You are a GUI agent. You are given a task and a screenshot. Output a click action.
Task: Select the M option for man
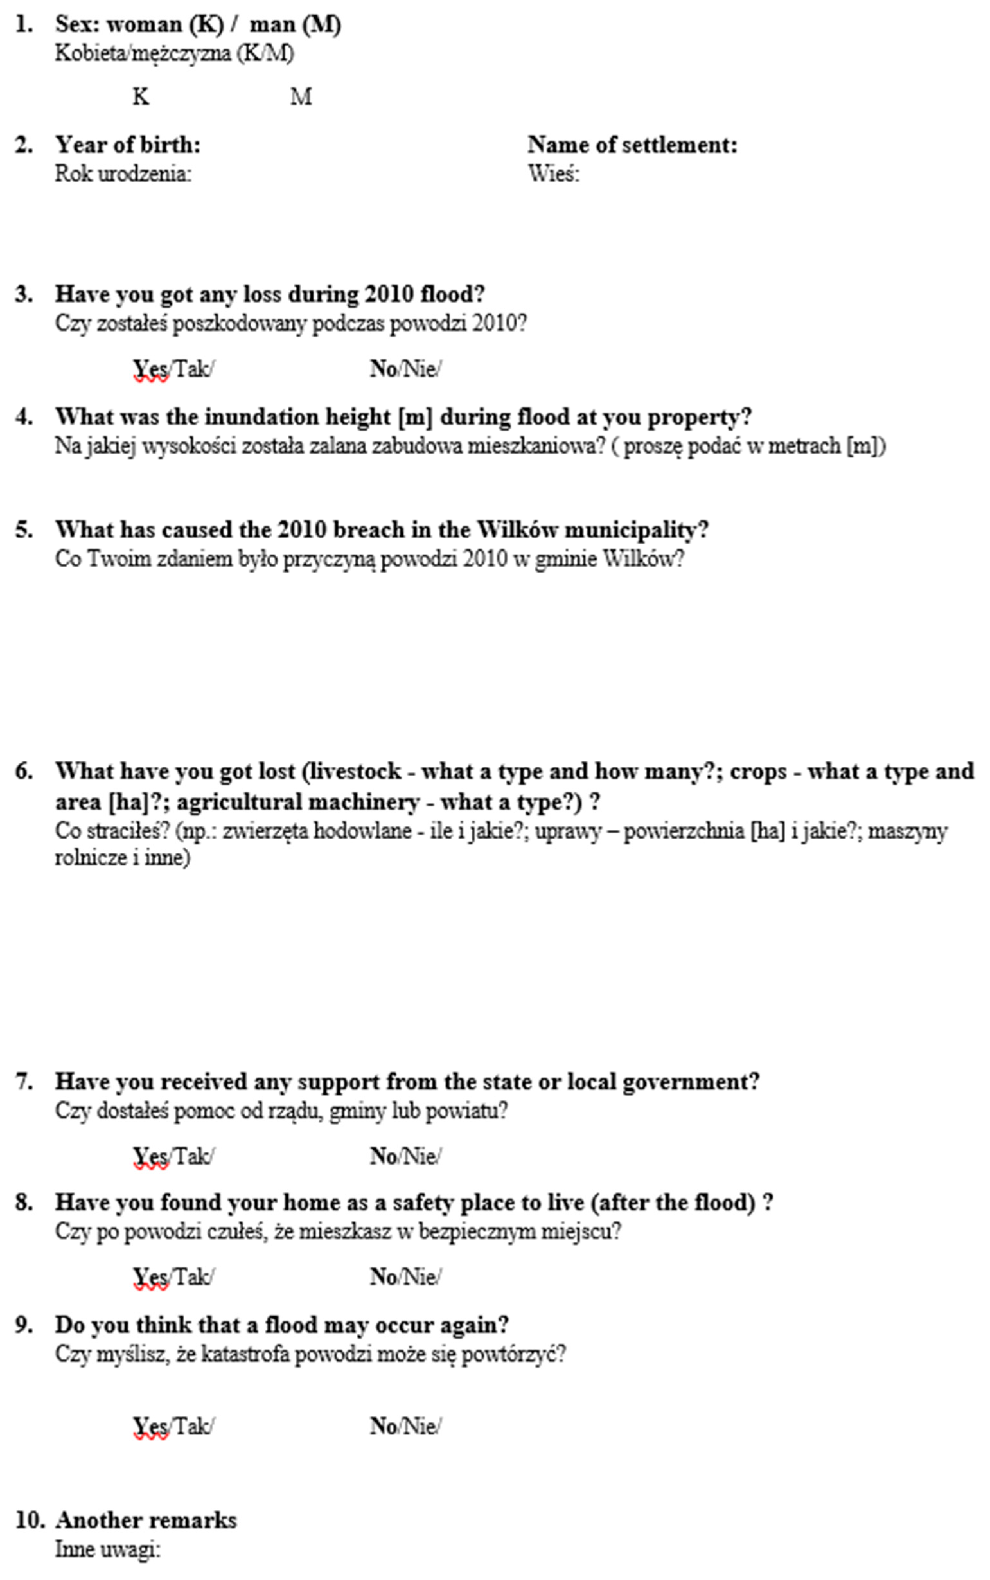click(301, 97)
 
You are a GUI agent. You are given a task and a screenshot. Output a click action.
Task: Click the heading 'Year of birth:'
click(128, 145)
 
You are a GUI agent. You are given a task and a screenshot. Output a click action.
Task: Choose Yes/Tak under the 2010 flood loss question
click(173, 369)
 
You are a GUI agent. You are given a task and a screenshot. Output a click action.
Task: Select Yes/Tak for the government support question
click(173, 1156)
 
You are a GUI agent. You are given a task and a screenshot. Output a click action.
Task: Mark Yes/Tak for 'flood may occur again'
click(173, 1426)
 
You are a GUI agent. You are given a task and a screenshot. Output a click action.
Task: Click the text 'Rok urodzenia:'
click(123, 174)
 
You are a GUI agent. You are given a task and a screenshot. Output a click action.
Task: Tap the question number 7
click(23, 1082)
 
